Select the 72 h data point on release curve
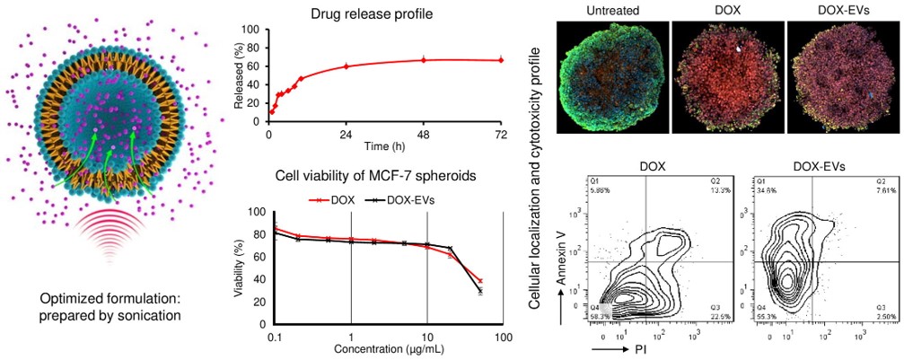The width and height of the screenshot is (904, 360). (501, 60)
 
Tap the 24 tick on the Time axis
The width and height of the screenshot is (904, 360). (346, 134)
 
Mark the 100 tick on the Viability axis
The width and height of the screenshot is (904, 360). (254, 213)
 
